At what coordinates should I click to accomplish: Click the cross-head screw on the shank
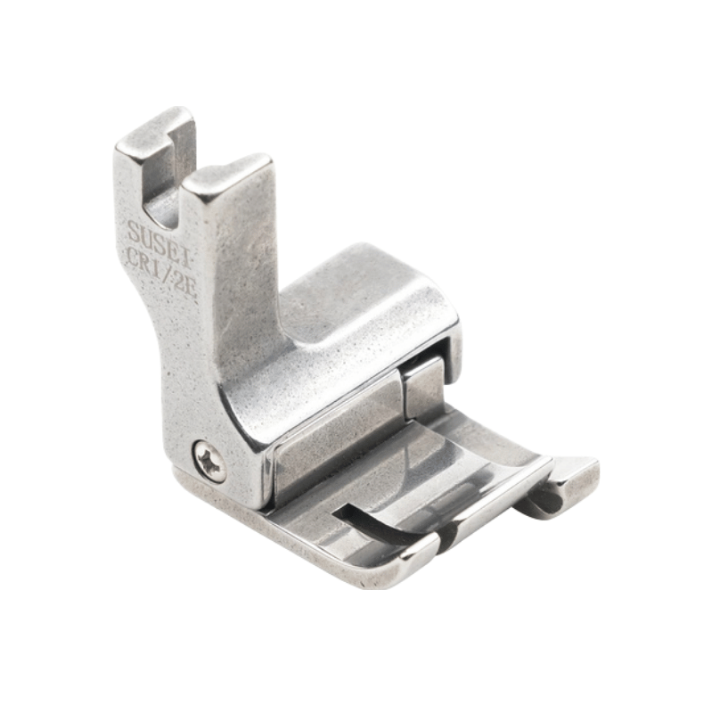point(209,462)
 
